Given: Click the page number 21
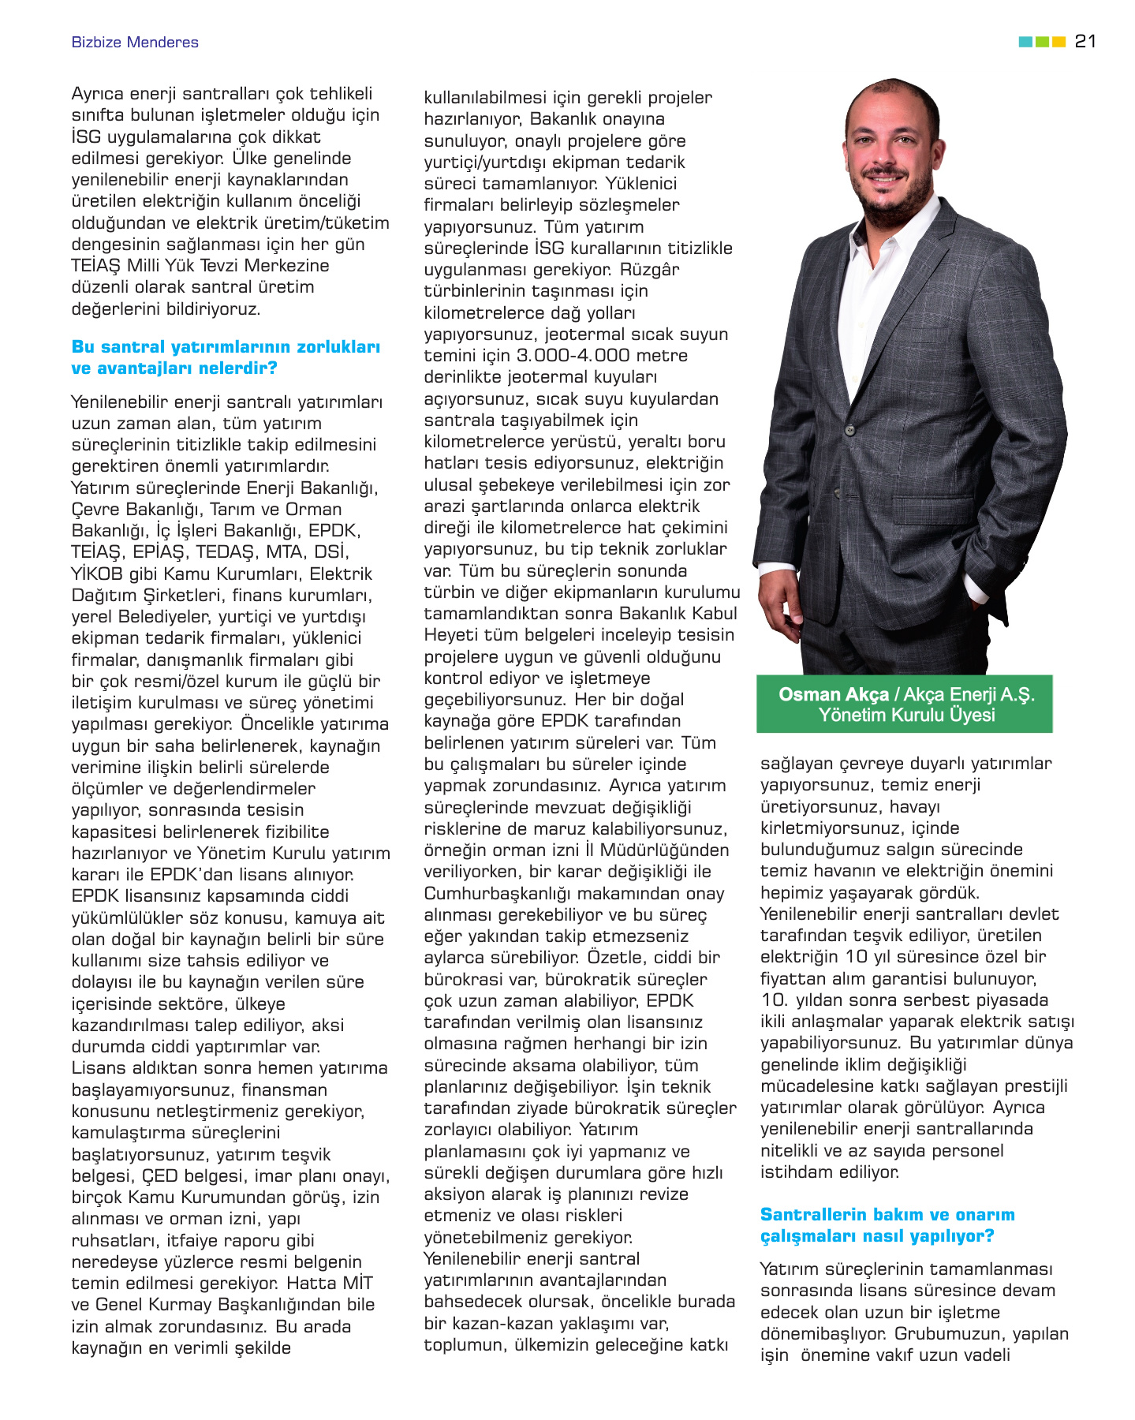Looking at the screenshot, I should point(1085,41).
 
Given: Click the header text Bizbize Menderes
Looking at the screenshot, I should point(135,43).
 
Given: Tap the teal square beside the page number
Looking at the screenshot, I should point(1025,42).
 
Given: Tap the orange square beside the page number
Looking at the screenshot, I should point(1059,42).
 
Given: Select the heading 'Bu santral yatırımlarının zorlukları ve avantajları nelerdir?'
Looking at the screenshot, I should point(226,357).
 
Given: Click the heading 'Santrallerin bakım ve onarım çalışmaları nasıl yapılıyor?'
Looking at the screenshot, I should point(887,1225).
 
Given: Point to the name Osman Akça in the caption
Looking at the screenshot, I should point(833,694).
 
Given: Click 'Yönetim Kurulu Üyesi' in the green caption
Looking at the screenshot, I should point(906,715).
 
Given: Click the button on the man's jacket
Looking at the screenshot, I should point(850,430).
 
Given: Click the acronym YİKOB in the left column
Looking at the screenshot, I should point(97,574).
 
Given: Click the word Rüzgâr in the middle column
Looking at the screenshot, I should point(649,270).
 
